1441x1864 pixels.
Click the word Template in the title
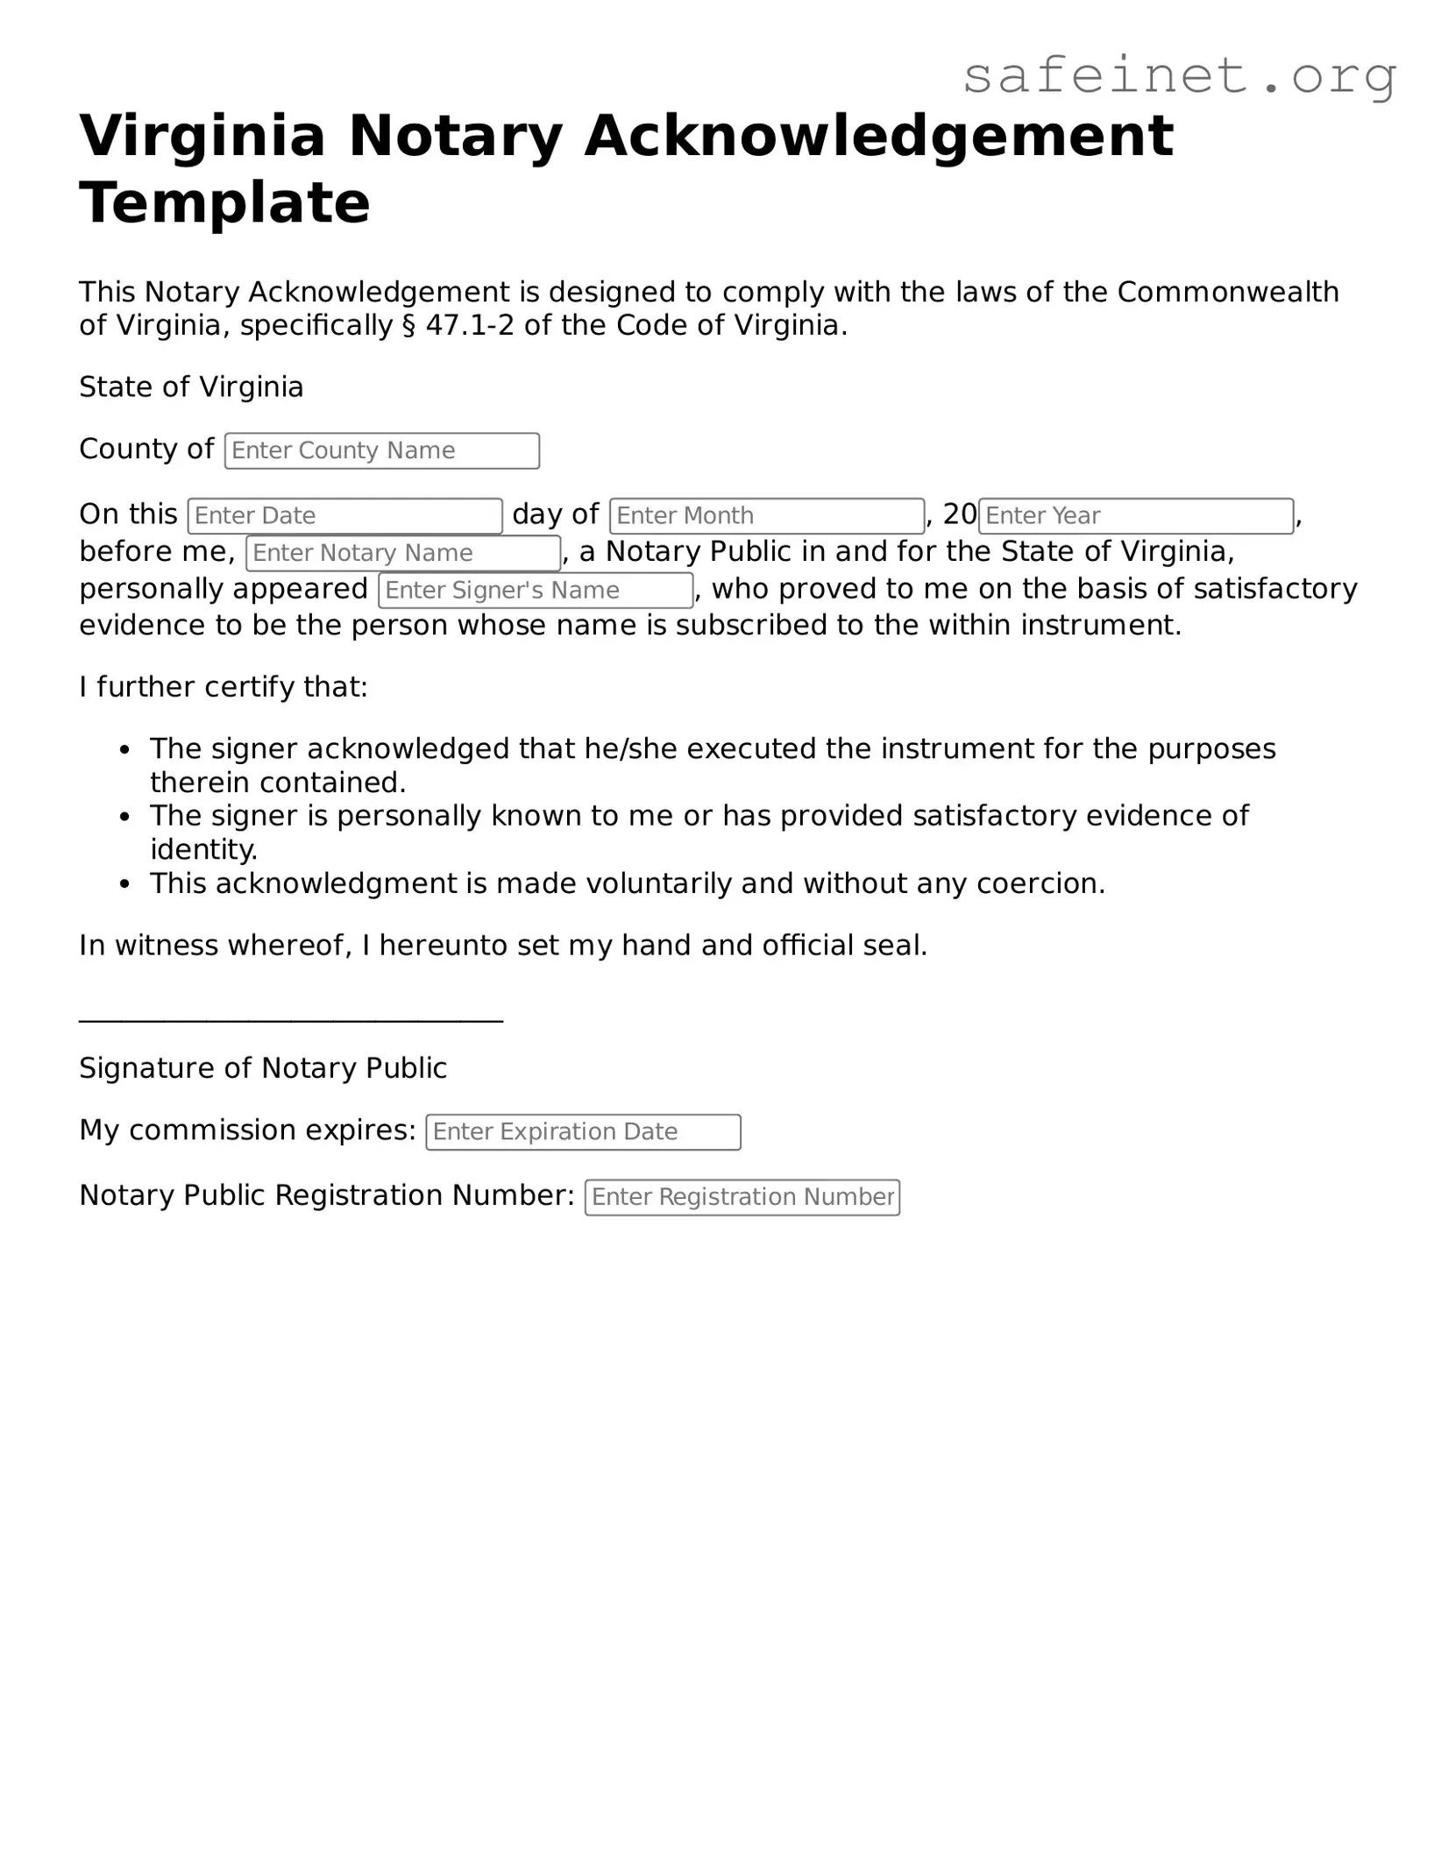click(x=224, y=203)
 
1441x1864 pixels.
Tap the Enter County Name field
click(x=381, y=450)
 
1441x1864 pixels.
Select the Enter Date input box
click(x=344, y=515)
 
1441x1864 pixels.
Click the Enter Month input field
click(x=767, y=515)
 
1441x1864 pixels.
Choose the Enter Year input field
click(x=1136, y=515)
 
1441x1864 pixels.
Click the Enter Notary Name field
click(x=402, y=553)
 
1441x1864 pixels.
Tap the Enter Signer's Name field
click(x=536, y=590)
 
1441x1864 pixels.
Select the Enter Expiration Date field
click(x=583, y=1131)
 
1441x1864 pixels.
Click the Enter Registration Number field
click(x=742, y=1197)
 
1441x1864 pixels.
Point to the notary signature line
click(x=290, y=1019)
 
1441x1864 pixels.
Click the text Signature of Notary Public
click(x=263, y=1068)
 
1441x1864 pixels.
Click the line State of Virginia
click(x=191, y=386)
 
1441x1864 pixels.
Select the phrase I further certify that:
click(x=224, y=687)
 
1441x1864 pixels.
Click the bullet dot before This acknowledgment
click(x=125, y=885)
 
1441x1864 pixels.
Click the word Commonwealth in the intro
click(x=1227, y=292)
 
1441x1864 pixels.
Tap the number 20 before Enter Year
click(x=959, y=514)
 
